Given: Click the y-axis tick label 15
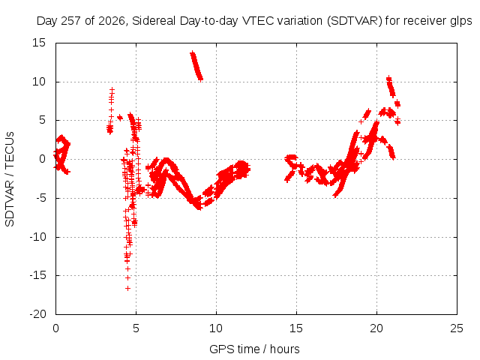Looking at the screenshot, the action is point(39,43).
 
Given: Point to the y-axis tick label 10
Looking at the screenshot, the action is point(39,82).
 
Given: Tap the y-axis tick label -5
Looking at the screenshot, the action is point(40,198).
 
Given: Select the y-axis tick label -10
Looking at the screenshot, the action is point(37,237).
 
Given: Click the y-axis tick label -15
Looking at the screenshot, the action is point(37,275).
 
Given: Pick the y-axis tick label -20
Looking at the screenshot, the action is point(37,314).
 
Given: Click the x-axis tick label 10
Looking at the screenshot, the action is point(216,328).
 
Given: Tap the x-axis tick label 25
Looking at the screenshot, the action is point(457,328).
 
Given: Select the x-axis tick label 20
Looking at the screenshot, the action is point(376,328).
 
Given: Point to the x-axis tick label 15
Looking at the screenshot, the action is point(296,328).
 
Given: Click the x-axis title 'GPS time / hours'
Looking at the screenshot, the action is point(254,349).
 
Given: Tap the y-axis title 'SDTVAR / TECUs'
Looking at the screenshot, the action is point(10,179).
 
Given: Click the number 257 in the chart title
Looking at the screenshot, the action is point(71,21).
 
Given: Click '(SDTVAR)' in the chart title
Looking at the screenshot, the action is point(354,21).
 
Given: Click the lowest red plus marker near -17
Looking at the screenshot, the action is point(127,288).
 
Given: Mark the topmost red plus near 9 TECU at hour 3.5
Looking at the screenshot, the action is point(112,90).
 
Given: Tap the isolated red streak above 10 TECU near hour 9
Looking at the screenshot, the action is point(196,66).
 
